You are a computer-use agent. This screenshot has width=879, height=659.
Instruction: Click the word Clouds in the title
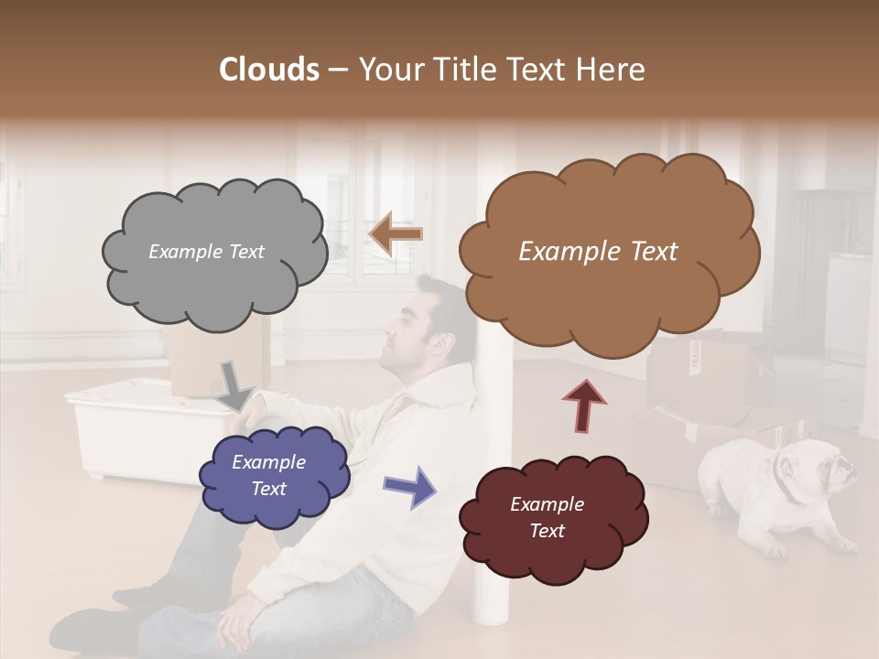268,70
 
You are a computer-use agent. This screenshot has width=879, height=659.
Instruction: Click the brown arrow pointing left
396,233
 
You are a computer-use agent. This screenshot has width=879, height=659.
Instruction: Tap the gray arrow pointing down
235,384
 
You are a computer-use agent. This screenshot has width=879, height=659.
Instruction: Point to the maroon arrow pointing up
584,405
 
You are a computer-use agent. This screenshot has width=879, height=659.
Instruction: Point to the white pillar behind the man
490,513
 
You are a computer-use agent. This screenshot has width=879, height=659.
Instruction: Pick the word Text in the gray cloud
245,252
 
